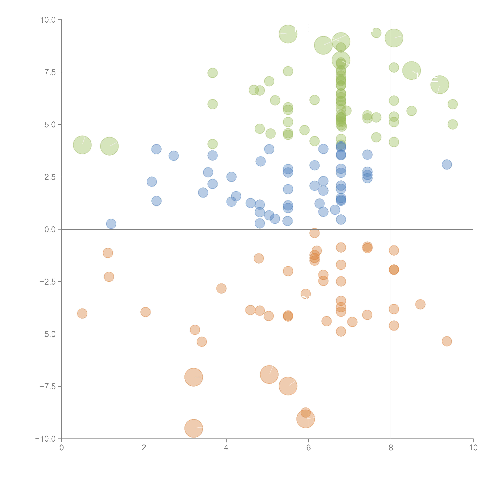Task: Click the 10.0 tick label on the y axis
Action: click(x=48, y=20)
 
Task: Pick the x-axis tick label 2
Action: click(x=144, y=448)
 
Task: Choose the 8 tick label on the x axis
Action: click(x=391, y=448)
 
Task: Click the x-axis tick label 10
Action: click(x=473, y=448)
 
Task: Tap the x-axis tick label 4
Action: click(x=226, y=448)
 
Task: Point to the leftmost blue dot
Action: click(x=111, y=224)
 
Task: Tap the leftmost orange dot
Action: click(x=82, y=313)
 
